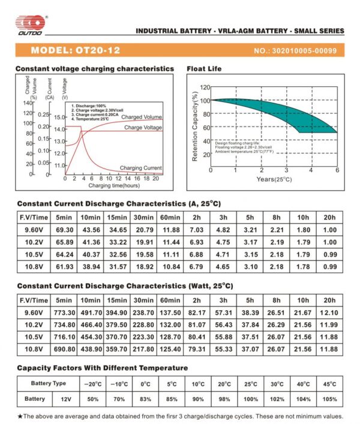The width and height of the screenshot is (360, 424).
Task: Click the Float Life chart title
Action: tap(205, 69)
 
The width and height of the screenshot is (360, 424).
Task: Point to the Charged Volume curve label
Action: tap(142, 117)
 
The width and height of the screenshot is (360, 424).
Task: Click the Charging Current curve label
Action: tap(141, 168)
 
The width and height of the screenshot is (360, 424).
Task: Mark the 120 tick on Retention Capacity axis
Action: tap(204, 87)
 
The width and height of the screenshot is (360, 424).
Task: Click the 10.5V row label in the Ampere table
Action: tap(34, 254)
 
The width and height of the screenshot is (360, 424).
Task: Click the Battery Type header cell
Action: tap(48, 383)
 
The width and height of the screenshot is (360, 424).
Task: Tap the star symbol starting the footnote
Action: tap(20, 416)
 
